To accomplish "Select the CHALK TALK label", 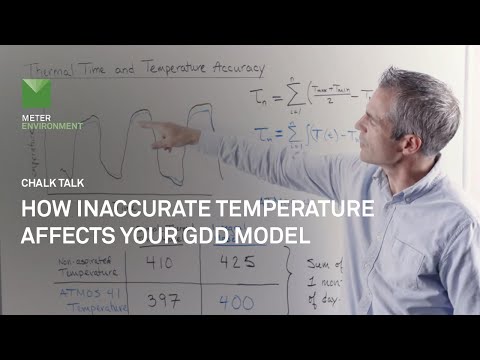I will tap(47, 182).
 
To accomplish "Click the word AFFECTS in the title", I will tap(64, 236).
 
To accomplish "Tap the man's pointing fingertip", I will tap(141, 124).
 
